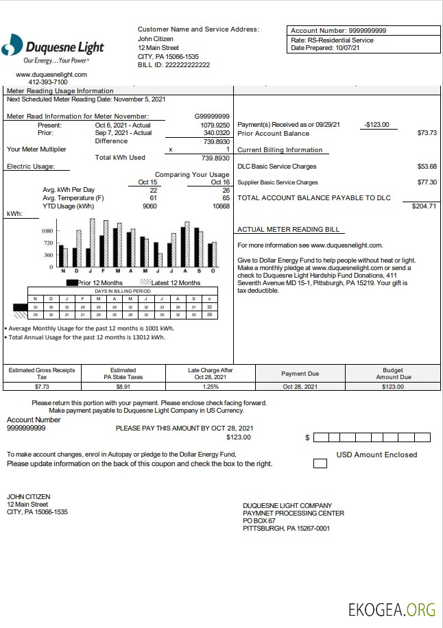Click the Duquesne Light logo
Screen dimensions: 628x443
pos(53,47)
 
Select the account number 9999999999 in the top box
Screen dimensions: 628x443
pos(368,31)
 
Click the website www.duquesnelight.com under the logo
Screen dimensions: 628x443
pos(51,74)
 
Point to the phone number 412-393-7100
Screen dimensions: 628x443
pos(48,82)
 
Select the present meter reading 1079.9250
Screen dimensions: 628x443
pos(215,125)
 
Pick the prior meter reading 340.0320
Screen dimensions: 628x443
pos(215,133)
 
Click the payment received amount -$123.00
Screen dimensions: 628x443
pos(377,125)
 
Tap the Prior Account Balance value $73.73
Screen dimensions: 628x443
pos(427,133)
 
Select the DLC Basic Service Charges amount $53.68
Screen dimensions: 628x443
pos(427,167)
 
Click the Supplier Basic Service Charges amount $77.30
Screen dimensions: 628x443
pos(427,183)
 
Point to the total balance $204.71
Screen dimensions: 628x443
pos(424,206)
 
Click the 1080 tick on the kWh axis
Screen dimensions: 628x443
pos(48,231)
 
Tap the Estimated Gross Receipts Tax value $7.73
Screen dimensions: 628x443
pos(41,387)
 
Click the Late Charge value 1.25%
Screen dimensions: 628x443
pos(211,387)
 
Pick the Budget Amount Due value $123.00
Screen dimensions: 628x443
pos(393,387)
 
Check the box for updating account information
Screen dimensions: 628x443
pos(320,463)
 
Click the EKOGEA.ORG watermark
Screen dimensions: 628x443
pos(392,609)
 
